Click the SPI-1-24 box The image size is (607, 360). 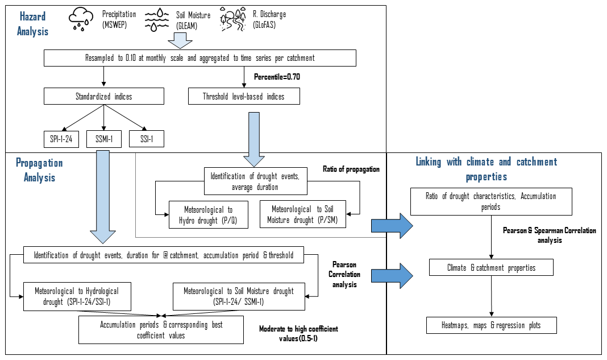61,139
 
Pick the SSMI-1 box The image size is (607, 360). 104,139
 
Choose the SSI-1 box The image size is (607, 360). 147,139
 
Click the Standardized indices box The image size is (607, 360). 104,96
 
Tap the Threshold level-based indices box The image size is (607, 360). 243,96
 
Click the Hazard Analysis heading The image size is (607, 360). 32,24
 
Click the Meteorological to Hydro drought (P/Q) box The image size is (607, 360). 209,214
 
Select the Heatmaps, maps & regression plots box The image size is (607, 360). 491,325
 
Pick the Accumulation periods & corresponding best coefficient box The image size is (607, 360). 161,330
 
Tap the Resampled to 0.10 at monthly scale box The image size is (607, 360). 201,58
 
